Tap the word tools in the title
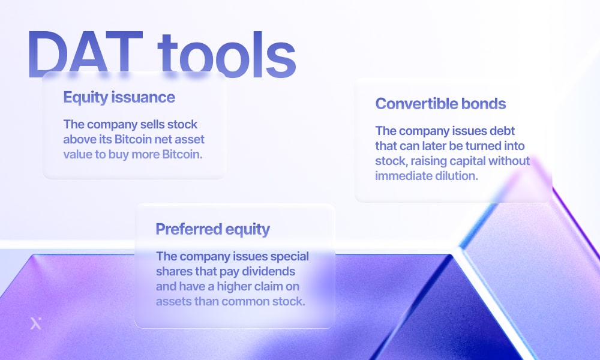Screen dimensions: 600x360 point(227,54)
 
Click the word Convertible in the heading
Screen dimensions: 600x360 point(416,104)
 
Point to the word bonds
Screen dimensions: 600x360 point(483,104)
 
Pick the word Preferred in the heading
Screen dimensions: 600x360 point(188,229)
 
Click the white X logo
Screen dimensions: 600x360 point(36,323)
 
